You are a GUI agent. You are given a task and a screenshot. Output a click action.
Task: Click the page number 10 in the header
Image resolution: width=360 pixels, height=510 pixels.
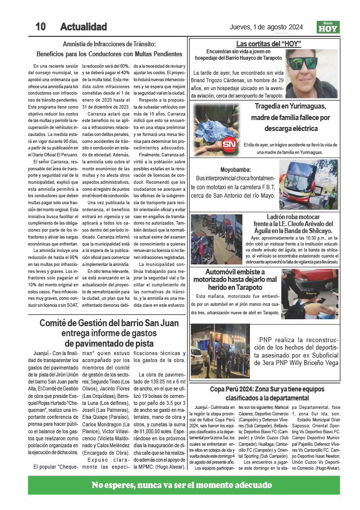40,26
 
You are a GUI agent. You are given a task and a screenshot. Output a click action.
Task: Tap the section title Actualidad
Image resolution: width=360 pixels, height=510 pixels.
83,26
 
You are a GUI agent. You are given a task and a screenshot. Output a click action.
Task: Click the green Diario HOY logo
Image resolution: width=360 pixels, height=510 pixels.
328,27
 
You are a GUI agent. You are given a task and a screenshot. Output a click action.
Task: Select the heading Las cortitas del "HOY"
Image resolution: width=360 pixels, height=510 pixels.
268,44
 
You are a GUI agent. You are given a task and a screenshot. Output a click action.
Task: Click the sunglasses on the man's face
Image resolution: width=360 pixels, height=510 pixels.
303,64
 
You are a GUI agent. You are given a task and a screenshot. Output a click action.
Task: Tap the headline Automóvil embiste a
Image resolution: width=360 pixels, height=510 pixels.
236,272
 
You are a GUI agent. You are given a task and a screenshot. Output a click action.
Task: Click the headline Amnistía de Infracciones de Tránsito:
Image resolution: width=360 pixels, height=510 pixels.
110,44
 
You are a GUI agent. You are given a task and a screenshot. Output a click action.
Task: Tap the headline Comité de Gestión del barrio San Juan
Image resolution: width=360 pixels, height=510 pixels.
110,323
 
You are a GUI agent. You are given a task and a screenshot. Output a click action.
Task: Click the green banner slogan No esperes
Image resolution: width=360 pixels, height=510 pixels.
182,485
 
